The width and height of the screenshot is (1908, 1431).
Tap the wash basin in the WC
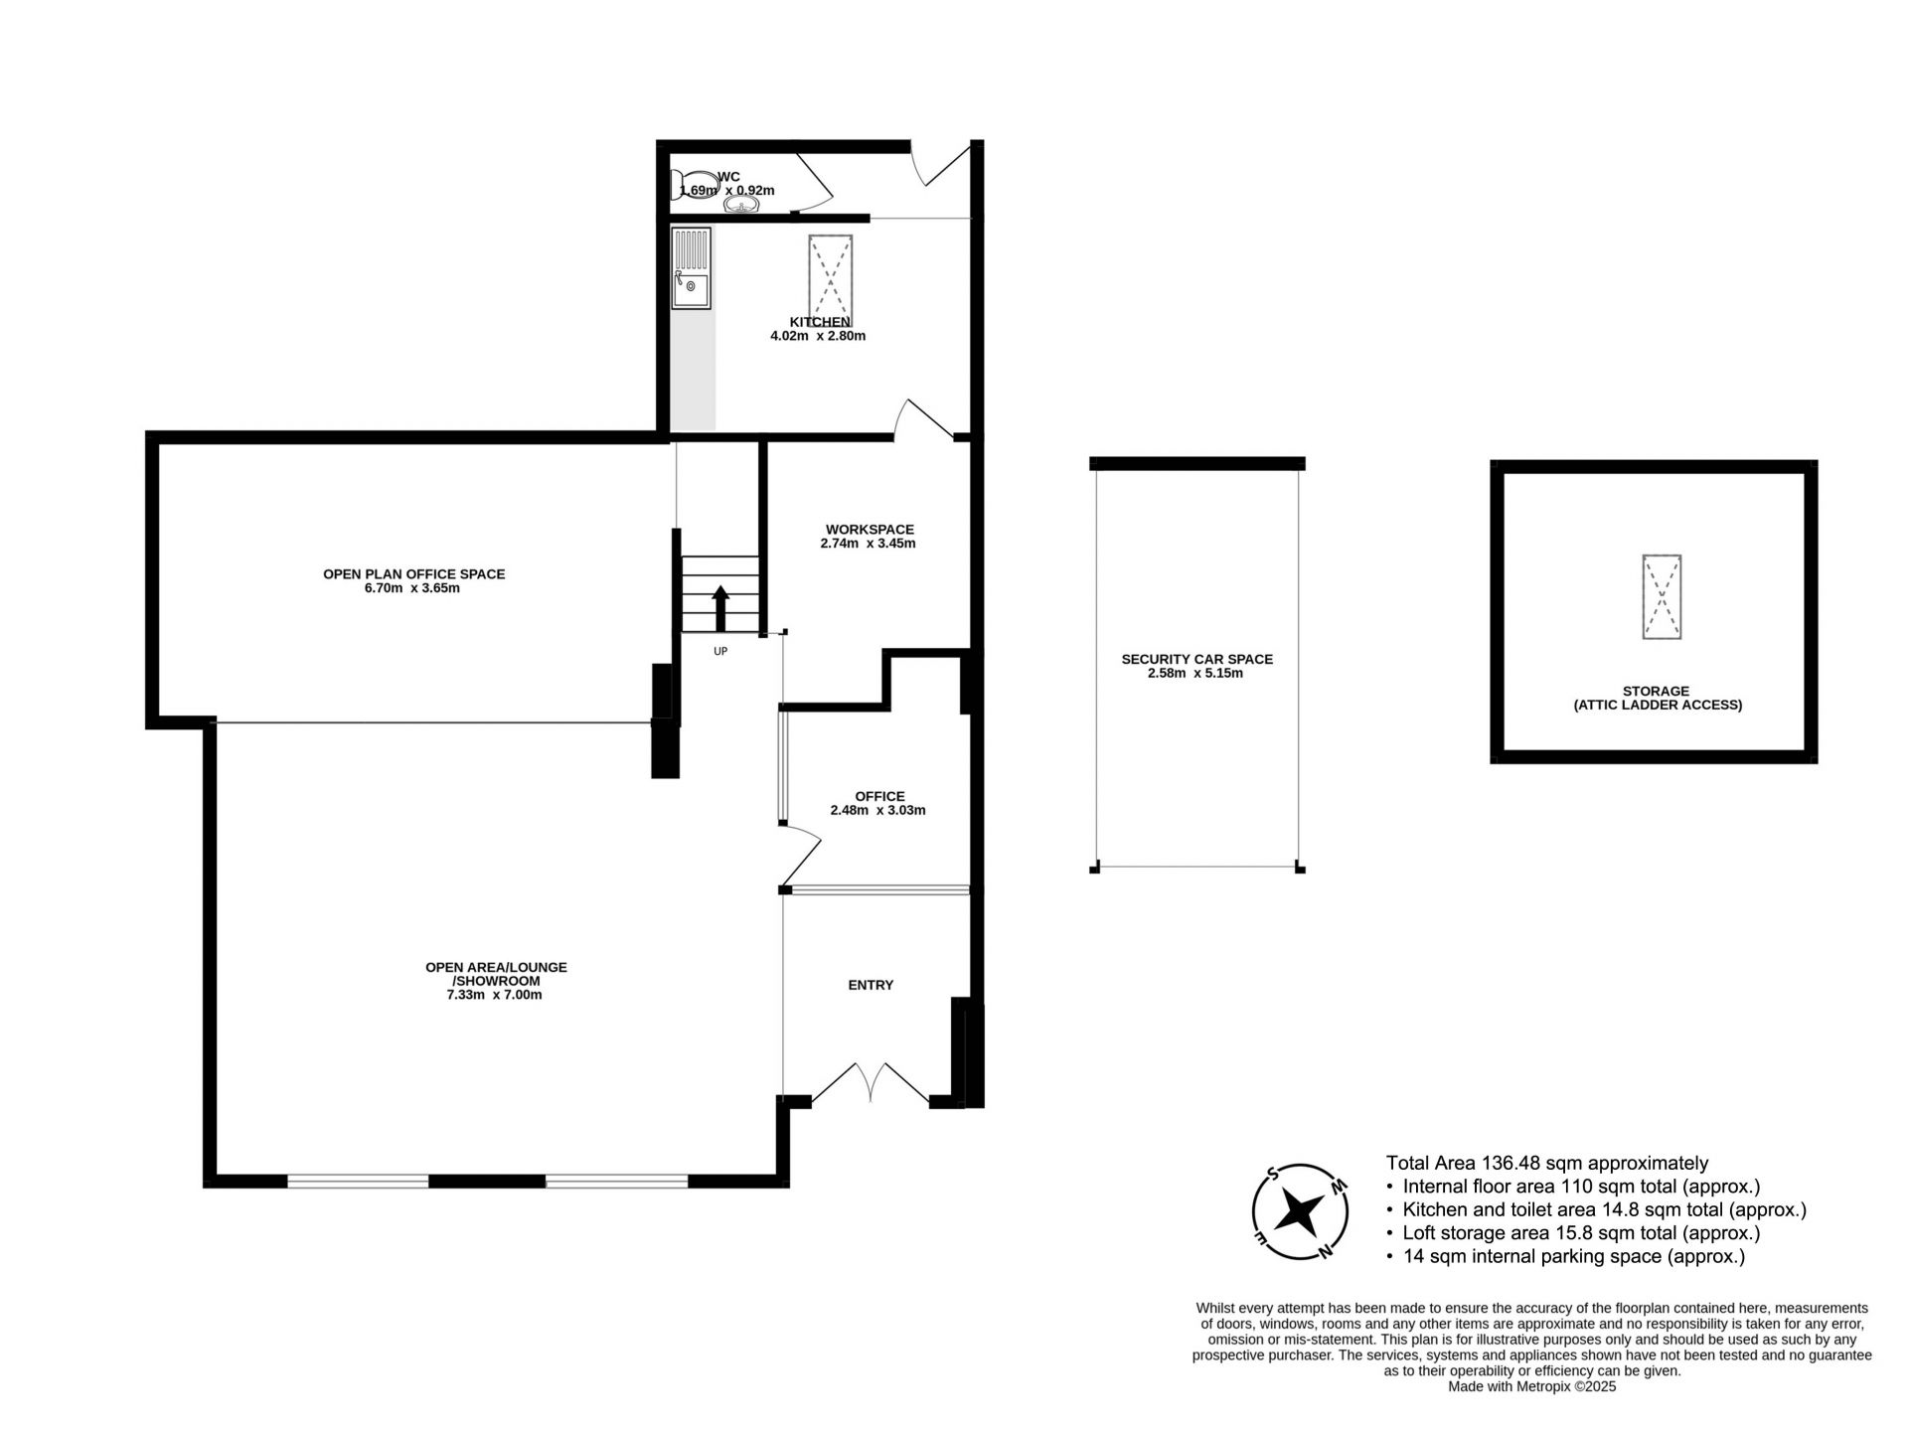click(x=741, y=205)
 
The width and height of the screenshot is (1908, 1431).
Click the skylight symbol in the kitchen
click(x=830, y=274)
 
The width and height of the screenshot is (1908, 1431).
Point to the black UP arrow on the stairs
click(x=720, y=608)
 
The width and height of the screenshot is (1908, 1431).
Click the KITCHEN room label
click(x=820, y=322)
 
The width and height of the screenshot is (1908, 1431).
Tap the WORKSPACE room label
click(x=870, y=530)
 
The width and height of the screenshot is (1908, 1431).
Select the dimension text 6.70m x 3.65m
click(x=412, y=588)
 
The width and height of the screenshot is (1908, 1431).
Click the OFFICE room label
click(x=879, y=796)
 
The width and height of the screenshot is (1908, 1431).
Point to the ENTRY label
click(x=871, y=985)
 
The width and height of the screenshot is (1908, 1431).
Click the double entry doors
click(x=871, y=1082)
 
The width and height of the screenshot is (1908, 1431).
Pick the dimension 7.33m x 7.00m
click(x=495, y=995)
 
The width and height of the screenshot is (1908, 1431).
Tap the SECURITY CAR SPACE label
click(x=1196, y=659)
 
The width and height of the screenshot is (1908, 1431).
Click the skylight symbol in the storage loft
click(x=1661, y=596)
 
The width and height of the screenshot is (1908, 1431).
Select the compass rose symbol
click(x=1300, y=1211)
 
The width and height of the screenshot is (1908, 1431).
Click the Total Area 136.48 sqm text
click(x=1547, y=1163)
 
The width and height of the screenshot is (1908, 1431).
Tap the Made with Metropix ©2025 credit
click(x=1532, y=1386)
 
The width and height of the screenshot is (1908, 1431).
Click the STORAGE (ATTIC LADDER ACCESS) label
click(x=1657, y=698)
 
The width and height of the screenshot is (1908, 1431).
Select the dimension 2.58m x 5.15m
click(x=1194, y=673)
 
